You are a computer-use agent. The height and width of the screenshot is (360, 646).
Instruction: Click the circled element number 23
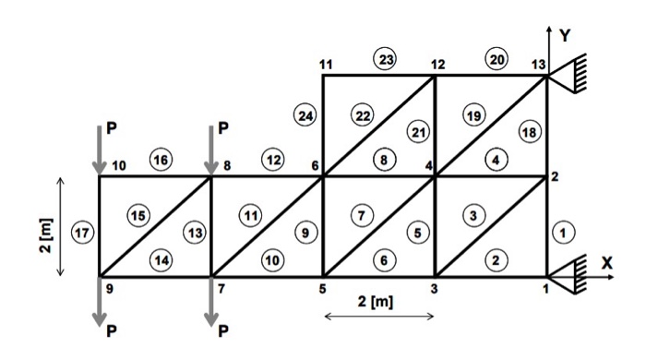point(384,59)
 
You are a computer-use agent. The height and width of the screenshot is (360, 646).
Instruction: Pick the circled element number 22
point(362,115)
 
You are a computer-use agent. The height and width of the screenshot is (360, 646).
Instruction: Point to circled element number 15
point(138,215)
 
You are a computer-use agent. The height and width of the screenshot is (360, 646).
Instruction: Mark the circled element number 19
point(473,115)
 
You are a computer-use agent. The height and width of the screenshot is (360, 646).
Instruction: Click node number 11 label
point(325,64)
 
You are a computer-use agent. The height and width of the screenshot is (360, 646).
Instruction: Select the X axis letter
point(606,261)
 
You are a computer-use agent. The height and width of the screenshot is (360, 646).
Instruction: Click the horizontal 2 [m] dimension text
point(378,302)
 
